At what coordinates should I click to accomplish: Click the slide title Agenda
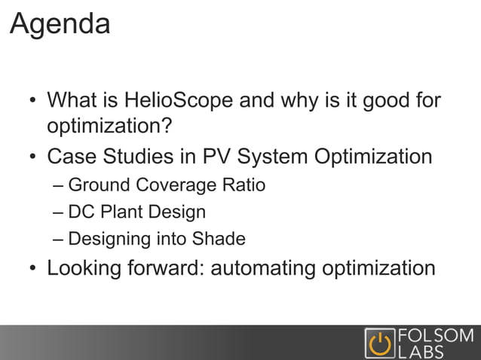tap(60, 24)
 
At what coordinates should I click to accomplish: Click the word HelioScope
tap(172, 100)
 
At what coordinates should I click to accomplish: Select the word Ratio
tap(242, 185)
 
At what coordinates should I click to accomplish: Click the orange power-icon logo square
tap(378, 343)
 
